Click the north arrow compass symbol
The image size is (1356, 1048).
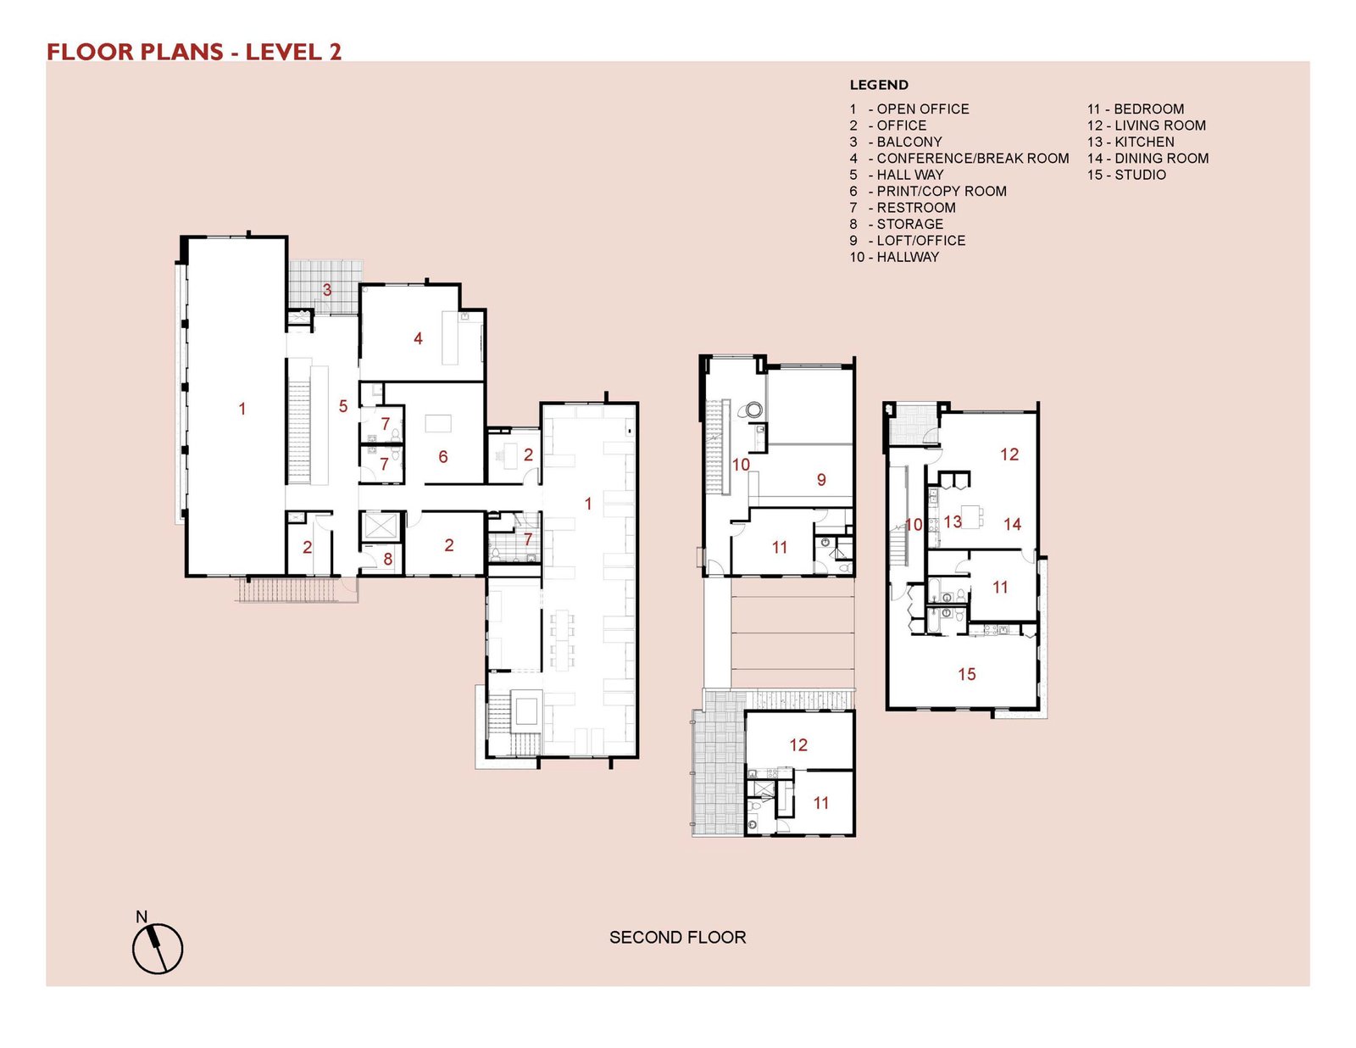coord(158,948)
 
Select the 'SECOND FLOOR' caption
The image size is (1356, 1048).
coord(677,938)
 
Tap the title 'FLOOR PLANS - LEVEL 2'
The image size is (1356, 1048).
coord(194,52)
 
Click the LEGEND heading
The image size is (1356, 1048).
coord(879,85)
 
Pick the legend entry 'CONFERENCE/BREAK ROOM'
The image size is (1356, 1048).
coord(959,159)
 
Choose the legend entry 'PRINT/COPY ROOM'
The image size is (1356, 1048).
coord(928,192)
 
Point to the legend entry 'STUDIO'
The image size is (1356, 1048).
coord(1126,175)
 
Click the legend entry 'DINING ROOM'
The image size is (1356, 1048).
coord(1148,159)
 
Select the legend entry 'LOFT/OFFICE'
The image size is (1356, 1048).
coord(908,241)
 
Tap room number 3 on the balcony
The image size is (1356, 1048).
coord(326,290)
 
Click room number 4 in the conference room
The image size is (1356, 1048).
coord(418,338)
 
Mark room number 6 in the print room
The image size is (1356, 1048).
coord(443,457)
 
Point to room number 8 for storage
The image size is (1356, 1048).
coord(387,560)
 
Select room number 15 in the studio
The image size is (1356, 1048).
coord(967,674)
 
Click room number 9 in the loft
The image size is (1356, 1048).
coord(821,479)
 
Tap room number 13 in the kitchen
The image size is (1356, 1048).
coord(953,521)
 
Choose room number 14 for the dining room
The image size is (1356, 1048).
coord(1012,524)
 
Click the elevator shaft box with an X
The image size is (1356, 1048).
coord(381,527)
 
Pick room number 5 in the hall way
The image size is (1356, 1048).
coord(342,406)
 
